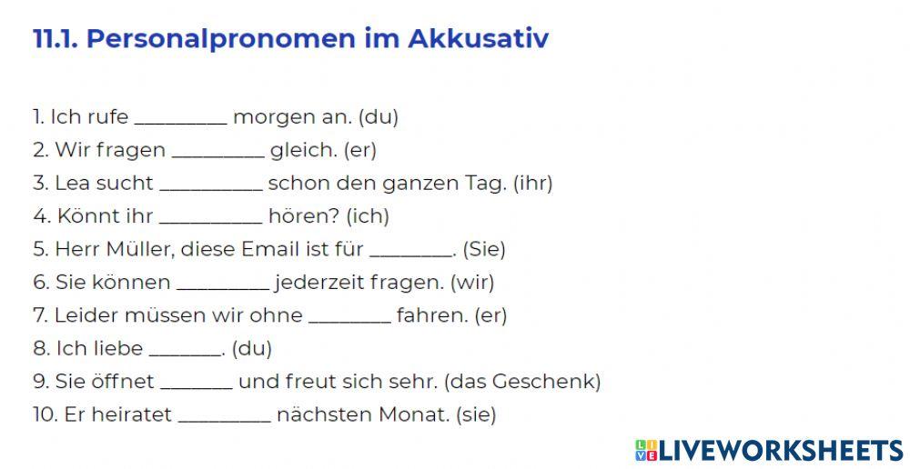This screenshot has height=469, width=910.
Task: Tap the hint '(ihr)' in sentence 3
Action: (532, 183)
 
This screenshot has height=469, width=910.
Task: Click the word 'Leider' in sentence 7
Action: (82, 315)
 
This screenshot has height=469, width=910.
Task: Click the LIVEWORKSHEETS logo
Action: (769, 450)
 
